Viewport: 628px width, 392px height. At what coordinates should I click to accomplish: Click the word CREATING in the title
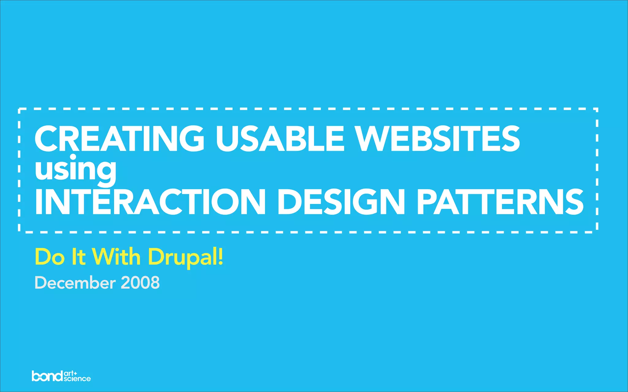click(x=119, y=138)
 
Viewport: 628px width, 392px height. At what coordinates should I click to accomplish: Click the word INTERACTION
click(x=150, y=202)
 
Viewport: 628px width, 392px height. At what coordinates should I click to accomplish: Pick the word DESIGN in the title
click(x=342, y=202)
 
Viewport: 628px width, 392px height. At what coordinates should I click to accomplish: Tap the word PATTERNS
click(x=500, y=202)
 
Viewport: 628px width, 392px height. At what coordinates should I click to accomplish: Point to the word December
click(x=75, y=283)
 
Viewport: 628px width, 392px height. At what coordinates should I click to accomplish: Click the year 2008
click(x=140, y=283)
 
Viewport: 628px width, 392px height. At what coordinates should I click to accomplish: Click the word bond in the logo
click(x=47, y=376)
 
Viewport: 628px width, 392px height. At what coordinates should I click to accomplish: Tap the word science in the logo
click(x=77, y=379)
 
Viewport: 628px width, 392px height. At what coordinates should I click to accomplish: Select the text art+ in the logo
click(x=71, y=373)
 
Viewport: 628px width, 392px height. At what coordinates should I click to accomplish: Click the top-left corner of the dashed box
click(x=19, y=109)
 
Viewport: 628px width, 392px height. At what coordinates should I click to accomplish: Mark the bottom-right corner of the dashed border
click(x=597, y=232)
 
